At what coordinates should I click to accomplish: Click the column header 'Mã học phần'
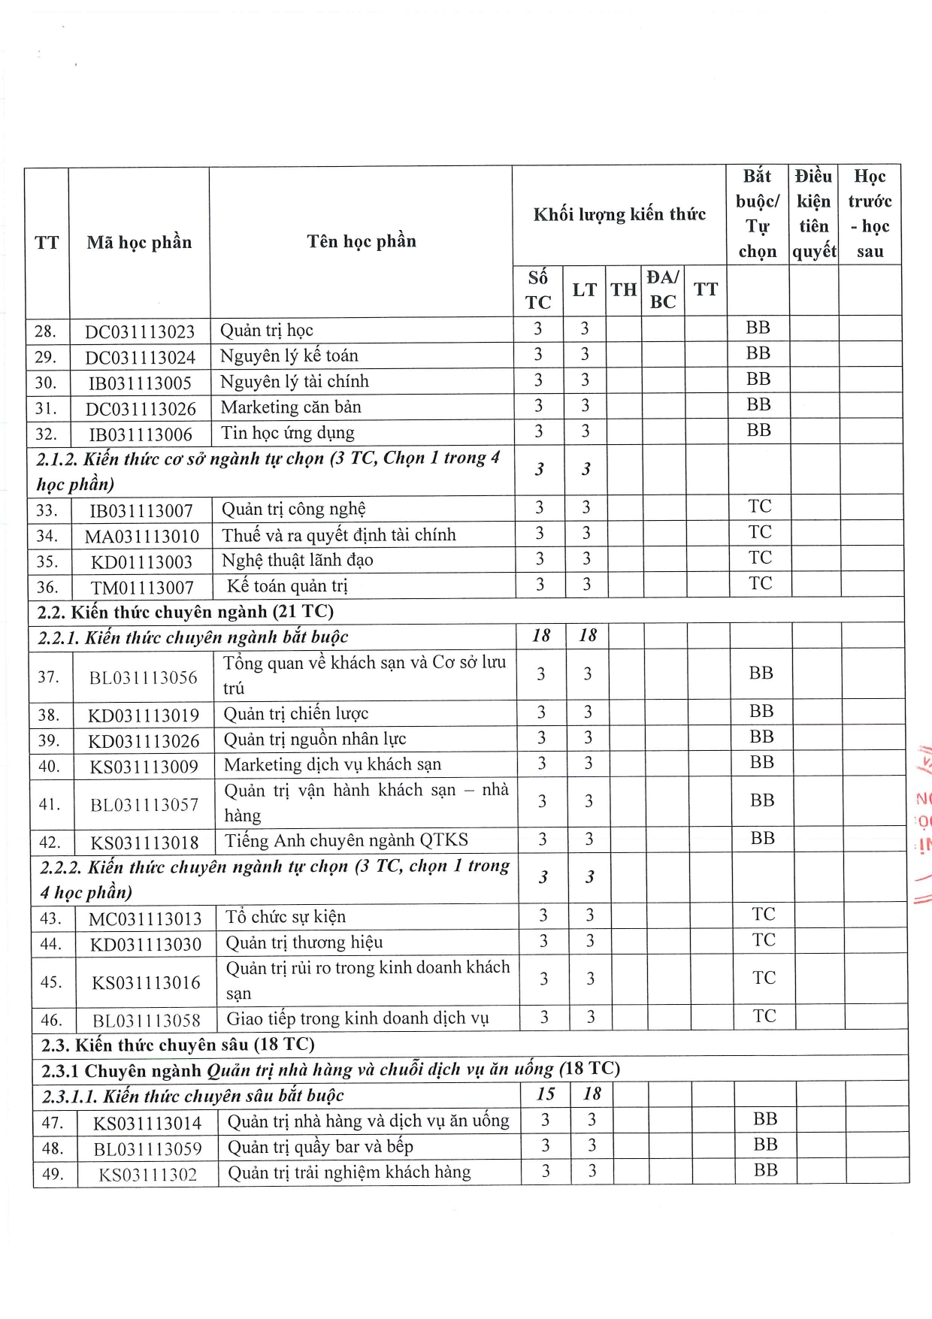[x=139, y=242]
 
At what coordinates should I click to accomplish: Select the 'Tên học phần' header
[x=361, y=241]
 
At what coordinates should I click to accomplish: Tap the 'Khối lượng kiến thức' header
[x=619, y=214]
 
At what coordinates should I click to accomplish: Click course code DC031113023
[x=140, y=331]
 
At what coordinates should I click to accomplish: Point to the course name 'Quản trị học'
[x=266, y=330]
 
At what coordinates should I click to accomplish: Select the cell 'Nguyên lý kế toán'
[x=289, y=355]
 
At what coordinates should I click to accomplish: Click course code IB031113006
[x=141, y=434]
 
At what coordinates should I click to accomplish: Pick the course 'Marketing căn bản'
[x=291, y=407]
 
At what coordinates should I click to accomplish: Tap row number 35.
[x=47, y=561]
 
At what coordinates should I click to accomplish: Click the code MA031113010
[x=142, y=537]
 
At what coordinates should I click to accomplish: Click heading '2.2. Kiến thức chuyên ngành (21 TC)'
[x=185, y=612]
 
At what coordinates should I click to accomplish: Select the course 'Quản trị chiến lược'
[x=295, y=713]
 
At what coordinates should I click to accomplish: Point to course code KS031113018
[x=144, y=843]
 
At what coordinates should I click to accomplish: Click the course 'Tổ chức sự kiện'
[x=286, y=917]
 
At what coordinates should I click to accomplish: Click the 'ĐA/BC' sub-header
[x=662, y=289]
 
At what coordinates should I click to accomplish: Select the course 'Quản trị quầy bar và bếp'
[x=320, y=1147]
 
